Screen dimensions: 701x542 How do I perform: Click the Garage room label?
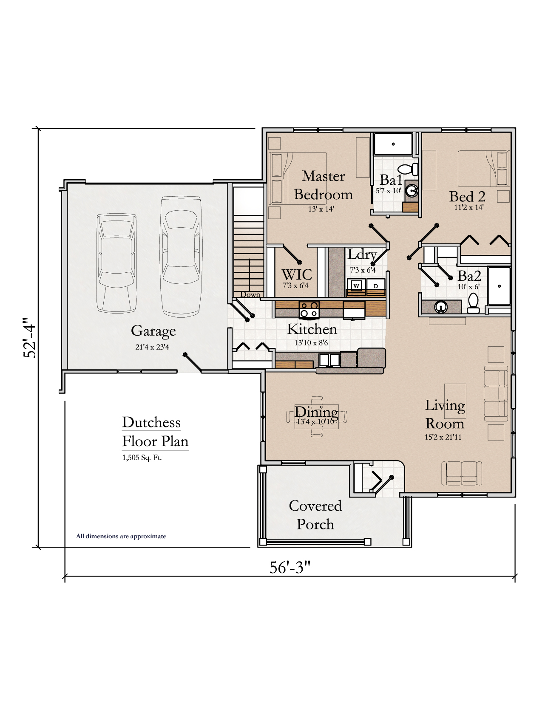coord(153,331)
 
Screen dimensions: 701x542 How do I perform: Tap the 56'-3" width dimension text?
coord(290,568)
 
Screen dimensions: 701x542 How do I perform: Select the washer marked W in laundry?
coord(356,285)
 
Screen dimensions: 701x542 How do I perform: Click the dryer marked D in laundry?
coord(376,286)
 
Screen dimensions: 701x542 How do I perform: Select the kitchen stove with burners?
coord(309,309)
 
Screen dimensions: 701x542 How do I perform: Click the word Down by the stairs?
coord(250,294)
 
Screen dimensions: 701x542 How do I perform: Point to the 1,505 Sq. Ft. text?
coord(142,458)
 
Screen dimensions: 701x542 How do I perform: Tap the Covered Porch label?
coord(315,514)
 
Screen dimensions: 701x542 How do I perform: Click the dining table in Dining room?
coord(317,417)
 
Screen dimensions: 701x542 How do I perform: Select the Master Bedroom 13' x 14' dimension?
coord(321,209)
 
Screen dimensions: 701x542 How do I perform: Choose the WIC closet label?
coord(297,274)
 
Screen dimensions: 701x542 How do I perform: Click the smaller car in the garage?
coord(116,263)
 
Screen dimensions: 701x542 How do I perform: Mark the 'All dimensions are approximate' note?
coord(121,536)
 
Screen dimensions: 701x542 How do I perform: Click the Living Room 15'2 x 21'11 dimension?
coord(443,437)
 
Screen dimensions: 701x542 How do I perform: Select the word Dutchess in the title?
coord(151,422)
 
